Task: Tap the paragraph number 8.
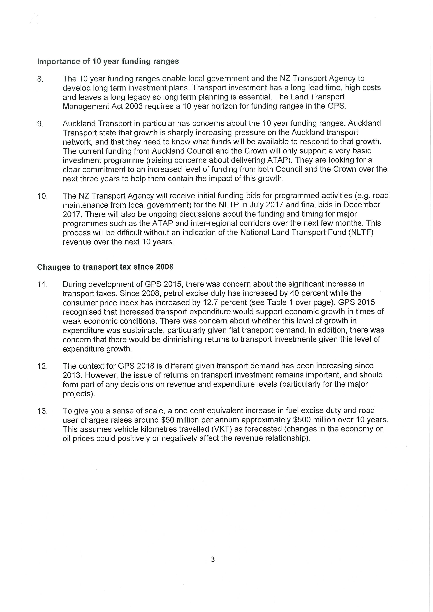tap(40, 79)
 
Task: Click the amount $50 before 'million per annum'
tap(167, 420)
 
